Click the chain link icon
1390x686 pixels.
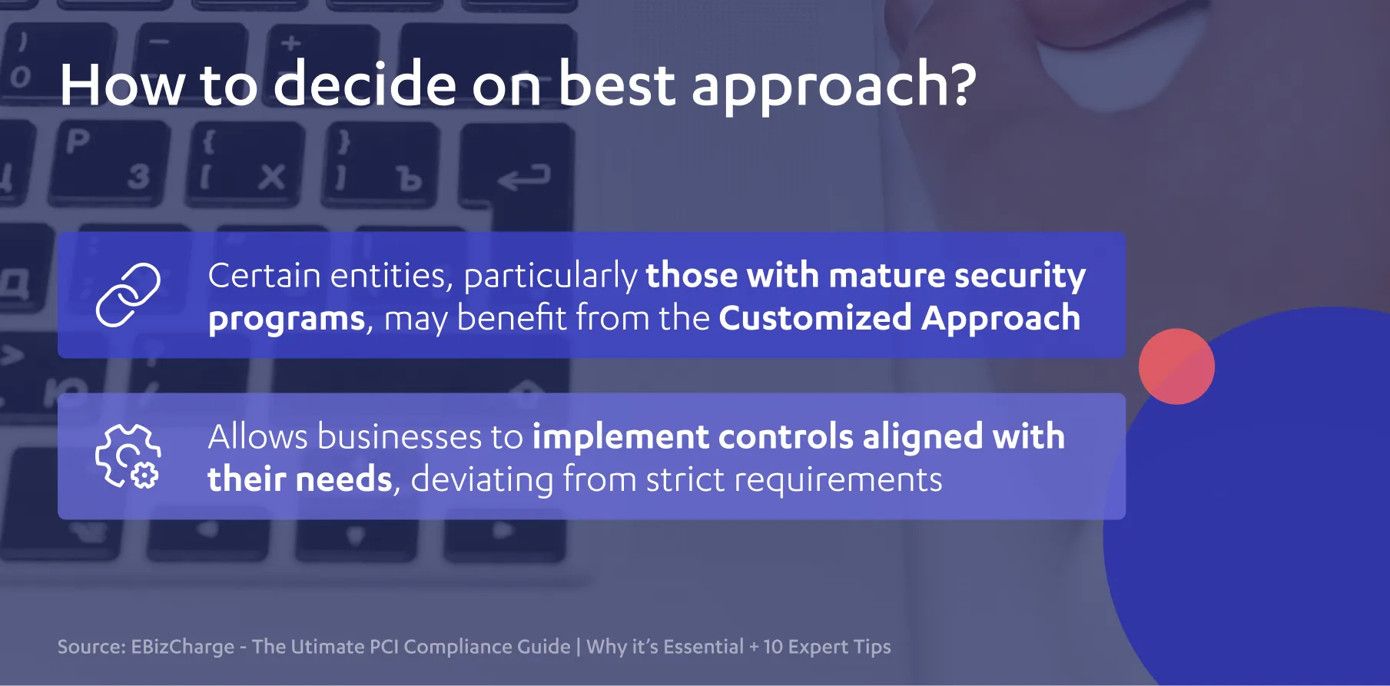coord(128,295)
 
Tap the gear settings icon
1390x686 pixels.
coord(128,456)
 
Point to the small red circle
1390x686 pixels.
coord(1176,366)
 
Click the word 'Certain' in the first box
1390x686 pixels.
coord(264,275)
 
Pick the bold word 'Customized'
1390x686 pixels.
coord(815,318)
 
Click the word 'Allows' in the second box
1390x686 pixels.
coord(258,436)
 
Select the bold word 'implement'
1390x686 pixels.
coord(621,438)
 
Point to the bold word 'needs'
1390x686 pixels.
coord(344,479)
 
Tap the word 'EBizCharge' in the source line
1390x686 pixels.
coord(182,647)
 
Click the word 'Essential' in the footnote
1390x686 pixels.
coord(703,646)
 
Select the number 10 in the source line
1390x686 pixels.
coord(772,647)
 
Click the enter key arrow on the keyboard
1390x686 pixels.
coord(524,178)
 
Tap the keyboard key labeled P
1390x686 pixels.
coord(78,141)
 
